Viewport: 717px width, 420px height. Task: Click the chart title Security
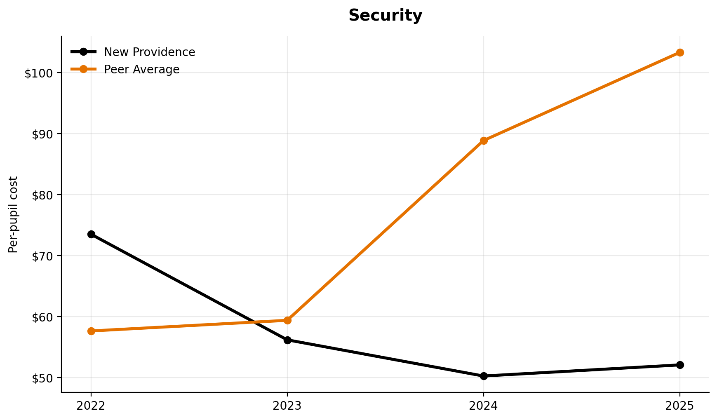(385, 16)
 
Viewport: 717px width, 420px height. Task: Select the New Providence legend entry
(149, 52)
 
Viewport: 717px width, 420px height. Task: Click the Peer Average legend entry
(141, 69)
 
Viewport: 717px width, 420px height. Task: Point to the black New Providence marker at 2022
(91, 234)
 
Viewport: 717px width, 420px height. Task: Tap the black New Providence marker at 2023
(287, 340)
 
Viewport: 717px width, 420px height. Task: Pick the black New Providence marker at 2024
(484, 376)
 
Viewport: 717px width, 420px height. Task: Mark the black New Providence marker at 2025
(680, 365)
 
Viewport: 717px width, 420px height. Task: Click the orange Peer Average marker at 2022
(91, 331)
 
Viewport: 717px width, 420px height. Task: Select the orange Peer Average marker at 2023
(287, 320)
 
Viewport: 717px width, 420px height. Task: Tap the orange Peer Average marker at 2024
(484, 141)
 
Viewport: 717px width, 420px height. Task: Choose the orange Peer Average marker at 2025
(680, 52)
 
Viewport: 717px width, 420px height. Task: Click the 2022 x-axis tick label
(91, 406)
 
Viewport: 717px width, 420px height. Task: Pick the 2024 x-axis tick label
(484, 406)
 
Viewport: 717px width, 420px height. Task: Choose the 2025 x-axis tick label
(680, 406)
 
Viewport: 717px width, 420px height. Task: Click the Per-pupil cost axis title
(13, 214)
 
